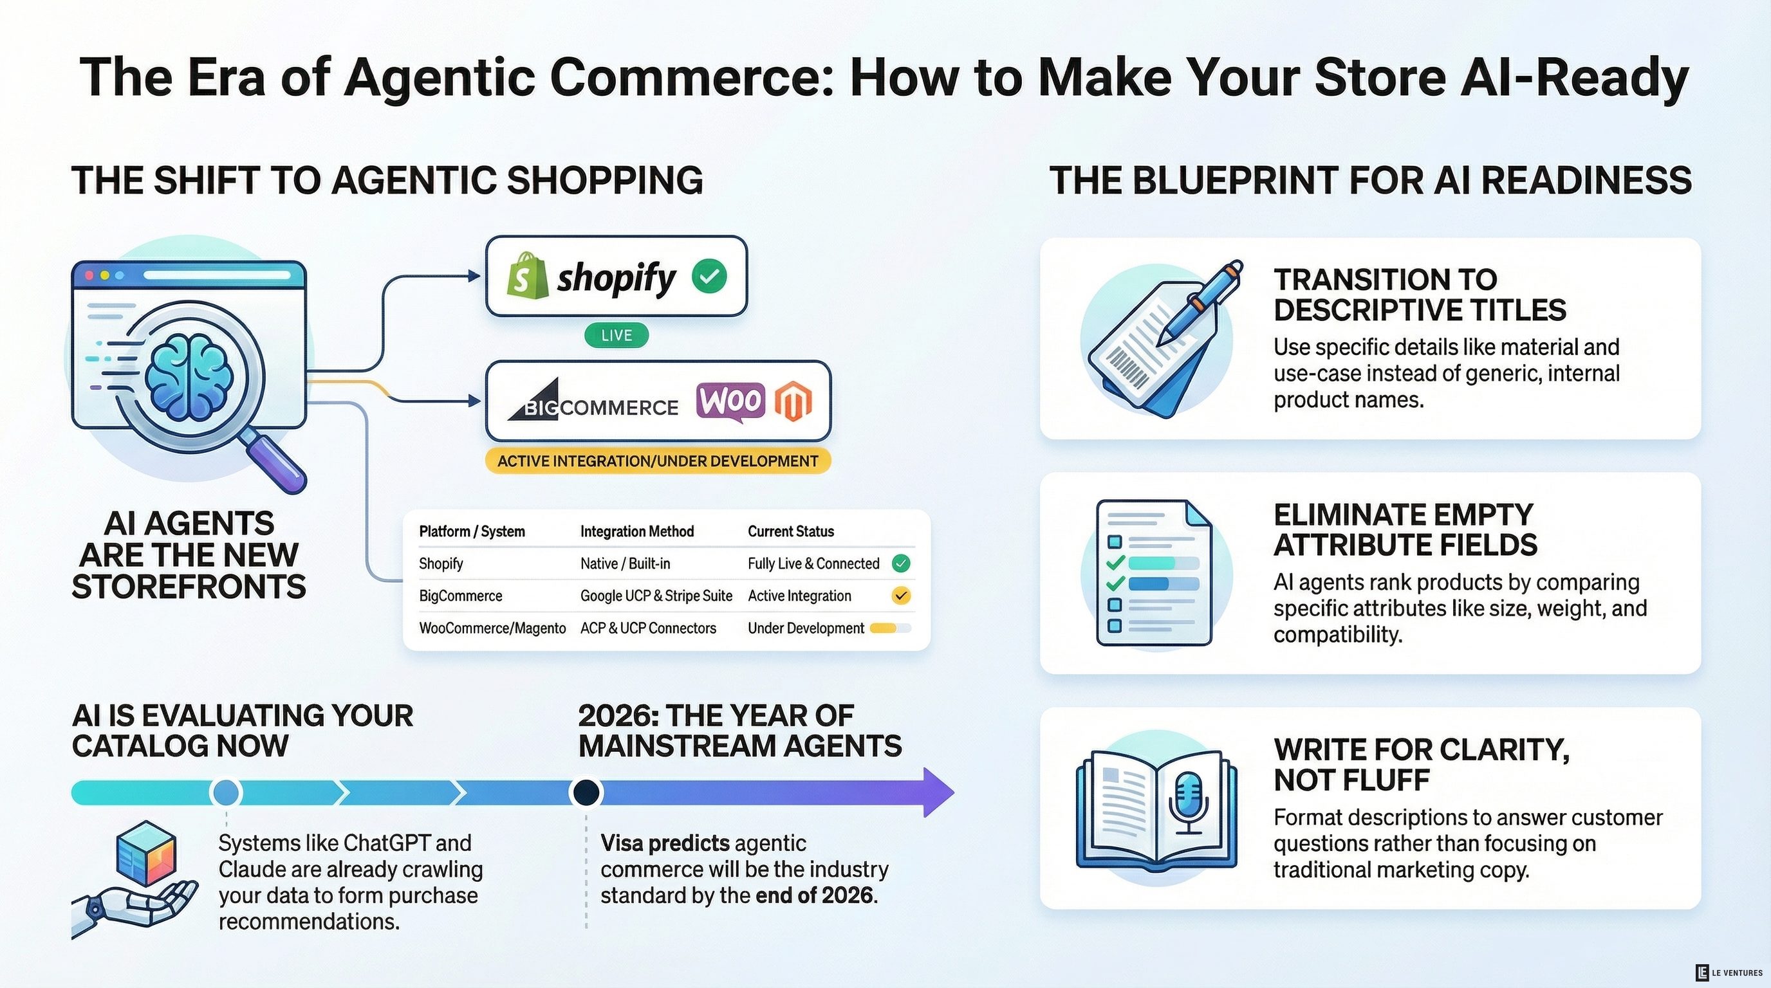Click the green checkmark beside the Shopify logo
click(709, 277)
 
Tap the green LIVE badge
click(616, 335)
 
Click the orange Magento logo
click(793, 401)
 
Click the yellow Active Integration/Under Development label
click(658, 461)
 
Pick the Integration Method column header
click(636, 531)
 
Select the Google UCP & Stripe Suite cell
click(656, 596)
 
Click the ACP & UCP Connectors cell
click(647, 628)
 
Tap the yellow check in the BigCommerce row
click(901, 596)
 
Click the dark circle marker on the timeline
click(586, 792)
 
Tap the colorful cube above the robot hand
click(145, 853)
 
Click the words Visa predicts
click(665, 843)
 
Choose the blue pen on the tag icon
click(1200, 302)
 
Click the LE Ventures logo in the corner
click(1729, 972)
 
